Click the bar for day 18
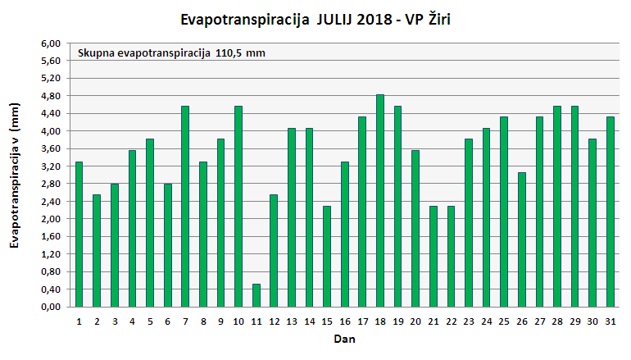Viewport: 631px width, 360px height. (x=379, y=201)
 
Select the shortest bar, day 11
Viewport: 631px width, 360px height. (x=256, y=295)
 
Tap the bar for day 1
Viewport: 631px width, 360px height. (x=79, y=235)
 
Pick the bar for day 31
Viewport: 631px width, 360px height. (x=610, y=212)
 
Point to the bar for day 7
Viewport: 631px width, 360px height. (x=185, y=207)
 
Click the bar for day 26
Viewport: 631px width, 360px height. (x=521, y=239)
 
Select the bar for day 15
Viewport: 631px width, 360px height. (x=327, y=256)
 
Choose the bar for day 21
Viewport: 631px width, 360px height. (x=433, y=256)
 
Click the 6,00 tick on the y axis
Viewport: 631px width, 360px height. (x=51, y=43)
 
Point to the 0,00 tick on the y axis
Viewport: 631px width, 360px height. (x=51, y=307)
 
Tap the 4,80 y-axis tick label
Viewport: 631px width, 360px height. (x=51, y=96)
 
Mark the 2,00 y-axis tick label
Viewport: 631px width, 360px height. (x=51, y=219)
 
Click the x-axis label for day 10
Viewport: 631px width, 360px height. (x=238, y=321)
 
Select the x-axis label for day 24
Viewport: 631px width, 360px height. (x=486, y=321)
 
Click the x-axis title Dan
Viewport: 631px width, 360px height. (x=343, y=339)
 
